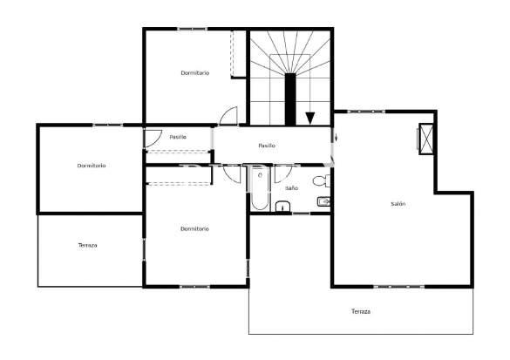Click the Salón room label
click(x=398, y=204)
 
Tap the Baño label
click(x=291, y=188)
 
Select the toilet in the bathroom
click(x=322, y=180)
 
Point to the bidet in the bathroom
click(x=323, y=202)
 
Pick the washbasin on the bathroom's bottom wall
click(x=283, y=207)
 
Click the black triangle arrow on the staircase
click(x=310, y=118)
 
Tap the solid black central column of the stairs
click(x=290, y=99)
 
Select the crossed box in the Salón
click(x=426, y=139)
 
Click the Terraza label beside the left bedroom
click(x=87, y=245)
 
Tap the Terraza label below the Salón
click(x=361, y=311)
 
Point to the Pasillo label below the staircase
click(x=267, y=146)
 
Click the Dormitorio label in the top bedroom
click(x=194, y=73)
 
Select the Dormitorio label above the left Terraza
click(x=92, y=166)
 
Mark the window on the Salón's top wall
click(x=366, y=112)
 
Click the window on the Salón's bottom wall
click(x=398, y=287)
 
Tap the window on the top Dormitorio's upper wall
click(x=192, y=30)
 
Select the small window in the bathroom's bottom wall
click(x=301, y=214)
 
